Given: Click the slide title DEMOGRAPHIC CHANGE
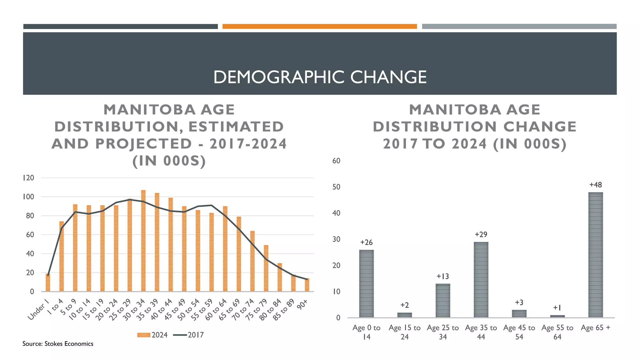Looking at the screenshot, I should point(320,77).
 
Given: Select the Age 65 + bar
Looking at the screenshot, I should point(595,255).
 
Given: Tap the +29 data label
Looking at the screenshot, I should point(481,234).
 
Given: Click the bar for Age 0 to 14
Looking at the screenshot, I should point(366,283).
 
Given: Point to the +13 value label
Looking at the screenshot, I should point(442,276).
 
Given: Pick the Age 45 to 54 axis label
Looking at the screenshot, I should point(519,332).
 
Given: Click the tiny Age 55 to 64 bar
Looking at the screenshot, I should point(557,316).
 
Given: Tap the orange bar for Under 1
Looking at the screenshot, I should point(48,283).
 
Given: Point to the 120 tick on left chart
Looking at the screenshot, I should point(28,178).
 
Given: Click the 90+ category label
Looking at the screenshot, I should point(302,304).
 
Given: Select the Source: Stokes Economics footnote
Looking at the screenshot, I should point(58,344).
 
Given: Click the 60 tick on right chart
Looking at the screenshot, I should point(336,161).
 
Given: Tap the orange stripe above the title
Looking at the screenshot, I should point(319,27).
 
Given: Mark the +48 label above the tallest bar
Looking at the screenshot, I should point(595,185).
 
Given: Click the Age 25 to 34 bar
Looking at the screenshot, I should point(442,301).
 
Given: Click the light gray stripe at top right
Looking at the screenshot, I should point(519,27).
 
